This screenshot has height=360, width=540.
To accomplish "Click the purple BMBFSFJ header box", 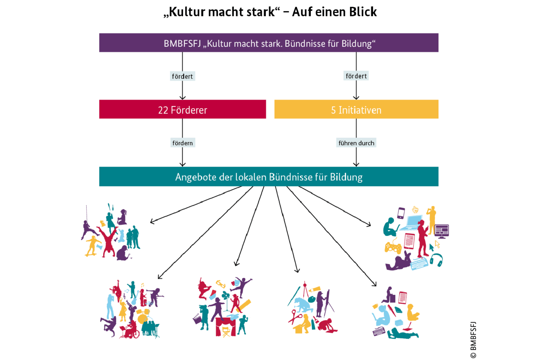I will [268, 43].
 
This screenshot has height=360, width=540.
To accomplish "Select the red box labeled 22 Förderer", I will [182, 109].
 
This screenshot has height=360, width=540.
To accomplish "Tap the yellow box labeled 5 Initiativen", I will [356, 109].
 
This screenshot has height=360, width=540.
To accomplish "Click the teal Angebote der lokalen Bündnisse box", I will [268, 177].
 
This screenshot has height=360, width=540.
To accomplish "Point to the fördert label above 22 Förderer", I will [182, 76].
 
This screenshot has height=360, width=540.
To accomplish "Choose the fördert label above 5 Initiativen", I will [356, 76].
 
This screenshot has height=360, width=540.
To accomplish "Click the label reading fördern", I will [182, 143].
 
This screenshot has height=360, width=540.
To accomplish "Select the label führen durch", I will [356, 143].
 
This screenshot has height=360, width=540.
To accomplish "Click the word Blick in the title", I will [363, 12].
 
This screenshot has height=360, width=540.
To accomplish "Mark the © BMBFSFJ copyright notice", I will [473, 339].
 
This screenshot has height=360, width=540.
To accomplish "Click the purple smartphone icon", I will [401, 213].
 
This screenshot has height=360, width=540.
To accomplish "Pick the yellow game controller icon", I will [393, 248].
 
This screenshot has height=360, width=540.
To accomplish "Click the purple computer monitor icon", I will [441, 231].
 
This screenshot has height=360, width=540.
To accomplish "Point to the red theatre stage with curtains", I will [225, 326].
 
